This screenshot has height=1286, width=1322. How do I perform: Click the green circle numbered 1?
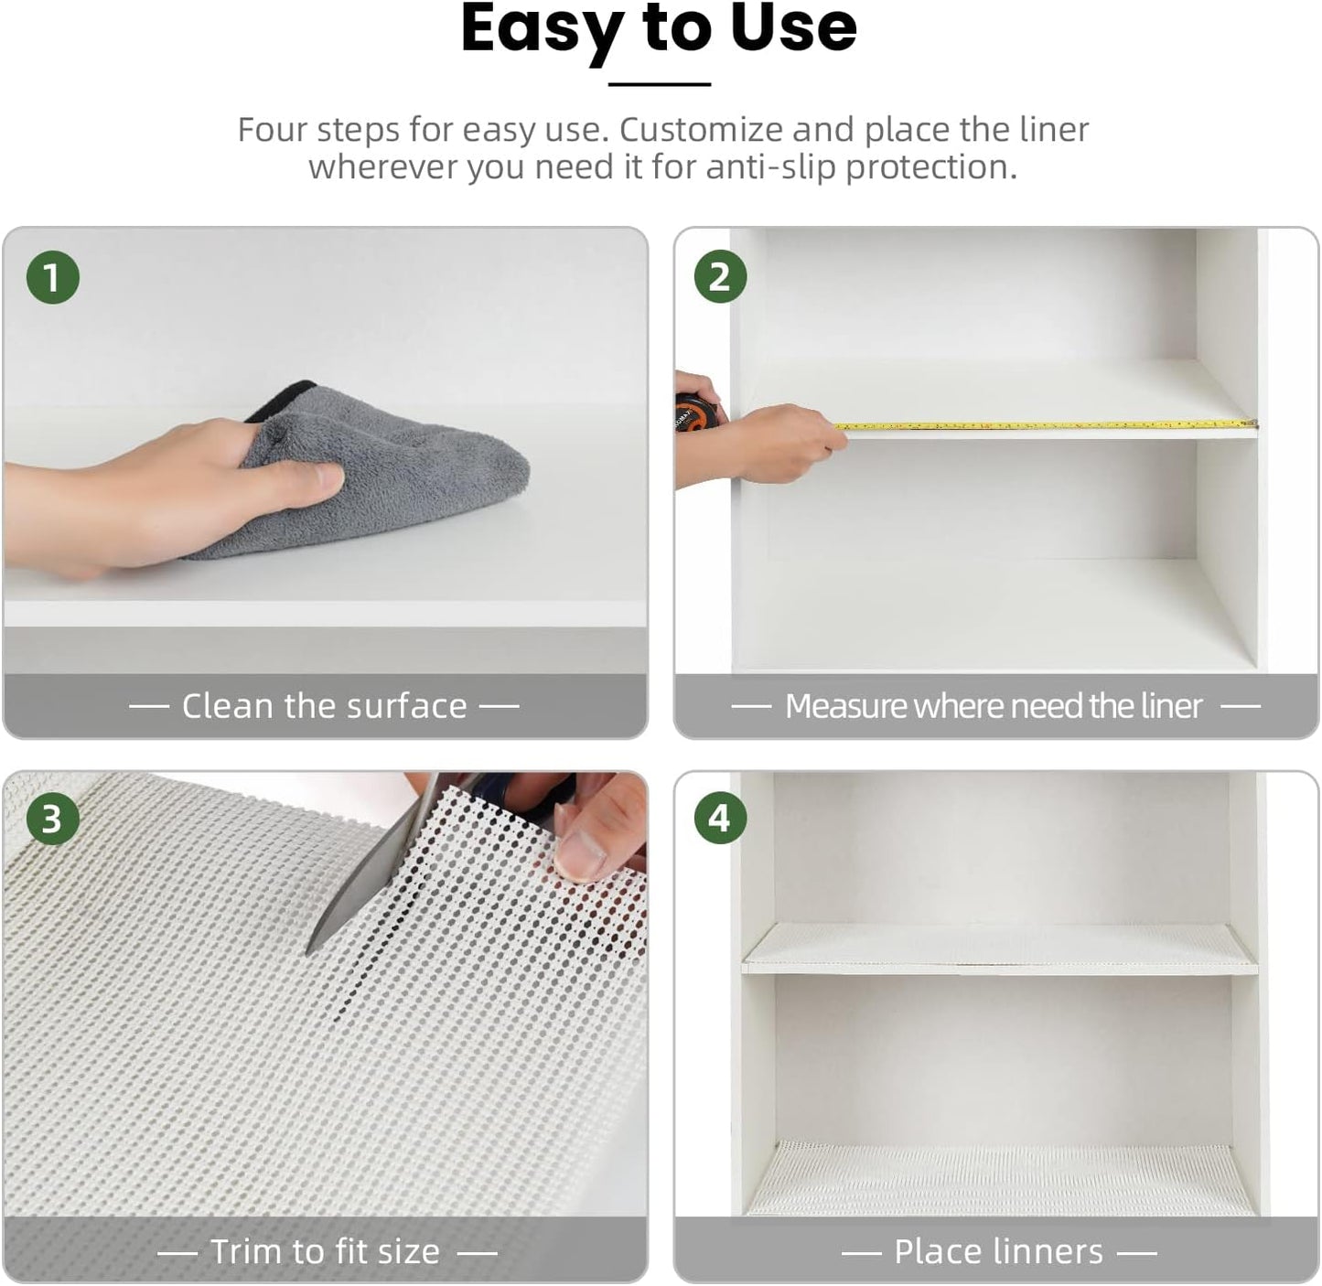pos(52,277)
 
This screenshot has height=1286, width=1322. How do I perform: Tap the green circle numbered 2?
pos(720,277)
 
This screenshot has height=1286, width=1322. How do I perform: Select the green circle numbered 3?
pos(52,819)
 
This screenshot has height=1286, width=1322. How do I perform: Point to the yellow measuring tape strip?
pos(1043,425)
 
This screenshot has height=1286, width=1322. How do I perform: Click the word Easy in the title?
pos(540,29)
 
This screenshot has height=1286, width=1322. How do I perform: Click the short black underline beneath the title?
pos(660,84)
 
